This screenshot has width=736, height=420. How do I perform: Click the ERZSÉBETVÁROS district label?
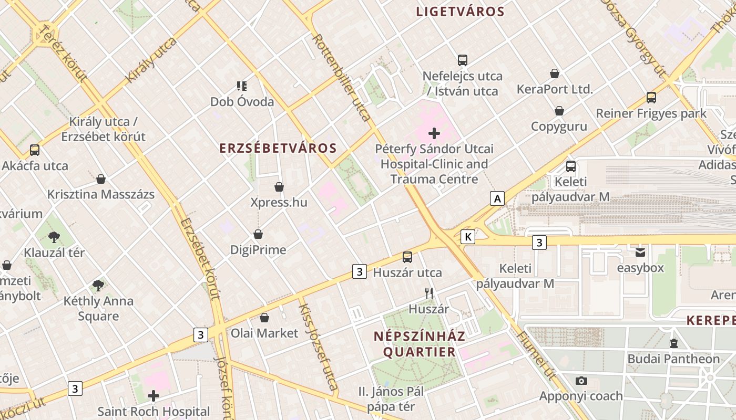[278, 148]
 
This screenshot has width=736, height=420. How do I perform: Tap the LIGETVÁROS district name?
[460, 12]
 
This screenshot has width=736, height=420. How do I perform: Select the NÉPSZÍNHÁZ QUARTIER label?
[419, 344]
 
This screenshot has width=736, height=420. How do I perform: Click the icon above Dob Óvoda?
[242, 86]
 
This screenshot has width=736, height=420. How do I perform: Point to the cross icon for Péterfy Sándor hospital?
[434, 133]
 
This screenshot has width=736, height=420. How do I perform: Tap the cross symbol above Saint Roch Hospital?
[154, 395]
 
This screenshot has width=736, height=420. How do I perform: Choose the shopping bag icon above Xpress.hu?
[279, 187]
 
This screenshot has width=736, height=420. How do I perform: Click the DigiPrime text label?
[258, 250]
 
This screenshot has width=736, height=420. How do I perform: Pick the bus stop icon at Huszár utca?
[407, 257]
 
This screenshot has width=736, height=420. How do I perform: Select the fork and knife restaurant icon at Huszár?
[429, 293]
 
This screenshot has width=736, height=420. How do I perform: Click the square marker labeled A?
[497, 198]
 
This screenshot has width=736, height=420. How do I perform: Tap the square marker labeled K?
[468, 237]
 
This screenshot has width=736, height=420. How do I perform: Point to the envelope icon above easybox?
[640, 253]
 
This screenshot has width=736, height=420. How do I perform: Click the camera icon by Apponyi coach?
[581, 381]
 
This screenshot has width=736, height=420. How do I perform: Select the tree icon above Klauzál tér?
[54, 237]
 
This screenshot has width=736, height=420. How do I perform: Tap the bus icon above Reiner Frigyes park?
[651, 98]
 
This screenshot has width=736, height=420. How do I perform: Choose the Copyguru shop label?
[559, 127]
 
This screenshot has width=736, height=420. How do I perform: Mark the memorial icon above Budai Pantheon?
[673, 343]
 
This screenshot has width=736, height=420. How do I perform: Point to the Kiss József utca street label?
[318, 346]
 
